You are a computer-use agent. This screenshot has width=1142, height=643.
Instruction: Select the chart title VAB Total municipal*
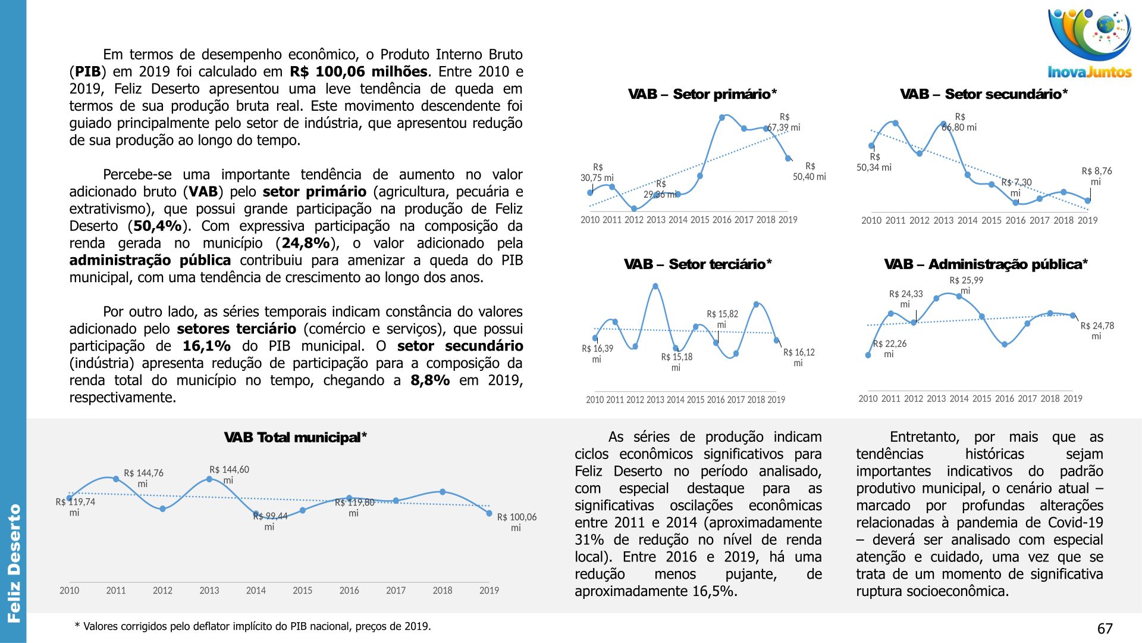click(295, 438)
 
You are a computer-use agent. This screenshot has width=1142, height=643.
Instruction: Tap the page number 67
click(1105, 629)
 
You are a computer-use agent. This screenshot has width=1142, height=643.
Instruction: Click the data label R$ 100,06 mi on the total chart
click(516, 522)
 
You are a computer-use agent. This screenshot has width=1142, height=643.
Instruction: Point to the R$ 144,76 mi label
click(143, 478)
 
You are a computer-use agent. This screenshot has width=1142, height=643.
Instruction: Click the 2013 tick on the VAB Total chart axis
click(209, 591)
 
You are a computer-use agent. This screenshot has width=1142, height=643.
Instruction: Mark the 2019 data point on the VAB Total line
click(489, 513)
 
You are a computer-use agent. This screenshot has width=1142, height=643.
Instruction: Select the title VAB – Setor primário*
click(702, 94)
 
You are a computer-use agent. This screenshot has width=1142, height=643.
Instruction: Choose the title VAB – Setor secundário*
click(983, 94)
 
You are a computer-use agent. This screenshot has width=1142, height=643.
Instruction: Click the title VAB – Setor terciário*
click(697, 264)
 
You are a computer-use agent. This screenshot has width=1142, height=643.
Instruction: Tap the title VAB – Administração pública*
click(986, 264)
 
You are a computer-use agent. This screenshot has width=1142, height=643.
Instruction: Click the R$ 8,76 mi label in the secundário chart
click(1096, 176)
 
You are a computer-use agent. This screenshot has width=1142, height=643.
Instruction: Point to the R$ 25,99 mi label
click(966, 285)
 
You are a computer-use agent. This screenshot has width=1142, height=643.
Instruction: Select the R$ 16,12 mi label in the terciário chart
click(798, 357)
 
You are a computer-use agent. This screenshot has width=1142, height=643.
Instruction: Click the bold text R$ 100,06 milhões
click(358, 72)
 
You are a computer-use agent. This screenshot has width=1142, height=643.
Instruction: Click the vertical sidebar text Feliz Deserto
click(14, 563)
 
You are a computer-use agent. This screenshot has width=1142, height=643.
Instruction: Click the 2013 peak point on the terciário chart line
click(655, 286)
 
